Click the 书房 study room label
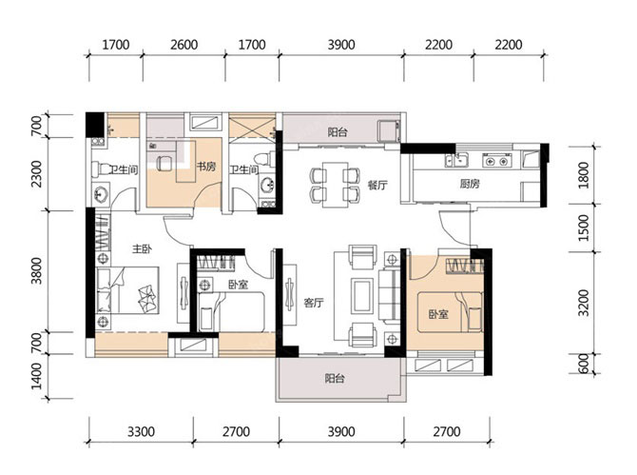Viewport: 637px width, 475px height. coord(206,166)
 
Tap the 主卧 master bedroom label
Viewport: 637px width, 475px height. coord(143,248)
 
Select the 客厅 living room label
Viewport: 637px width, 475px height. coord(314,303)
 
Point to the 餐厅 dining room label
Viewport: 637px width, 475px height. coord(377,186)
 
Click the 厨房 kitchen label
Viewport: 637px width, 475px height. coord(470,184)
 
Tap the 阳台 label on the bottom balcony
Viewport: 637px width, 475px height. coord(335,379)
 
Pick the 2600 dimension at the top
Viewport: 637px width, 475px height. coord(184,45)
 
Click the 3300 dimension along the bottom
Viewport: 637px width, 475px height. coord(141,431)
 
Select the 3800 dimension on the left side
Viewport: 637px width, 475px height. coord(36,270)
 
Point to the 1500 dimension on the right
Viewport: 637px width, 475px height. coord(583,228)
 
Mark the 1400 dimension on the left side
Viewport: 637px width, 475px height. coord(36,376)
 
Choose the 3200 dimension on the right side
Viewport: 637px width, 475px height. coord(583,303)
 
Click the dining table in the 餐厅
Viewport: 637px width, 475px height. coord(336,185)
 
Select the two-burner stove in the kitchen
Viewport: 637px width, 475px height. coord(496,161)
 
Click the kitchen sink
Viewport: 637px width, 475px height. coord(456,159)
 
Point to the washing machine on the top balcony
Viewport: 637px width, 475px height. coord(388,131)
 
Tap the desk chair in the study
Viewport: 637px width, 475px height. coord(164,164)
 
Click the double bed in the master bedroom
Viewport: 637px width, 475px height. coord(127,290)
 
